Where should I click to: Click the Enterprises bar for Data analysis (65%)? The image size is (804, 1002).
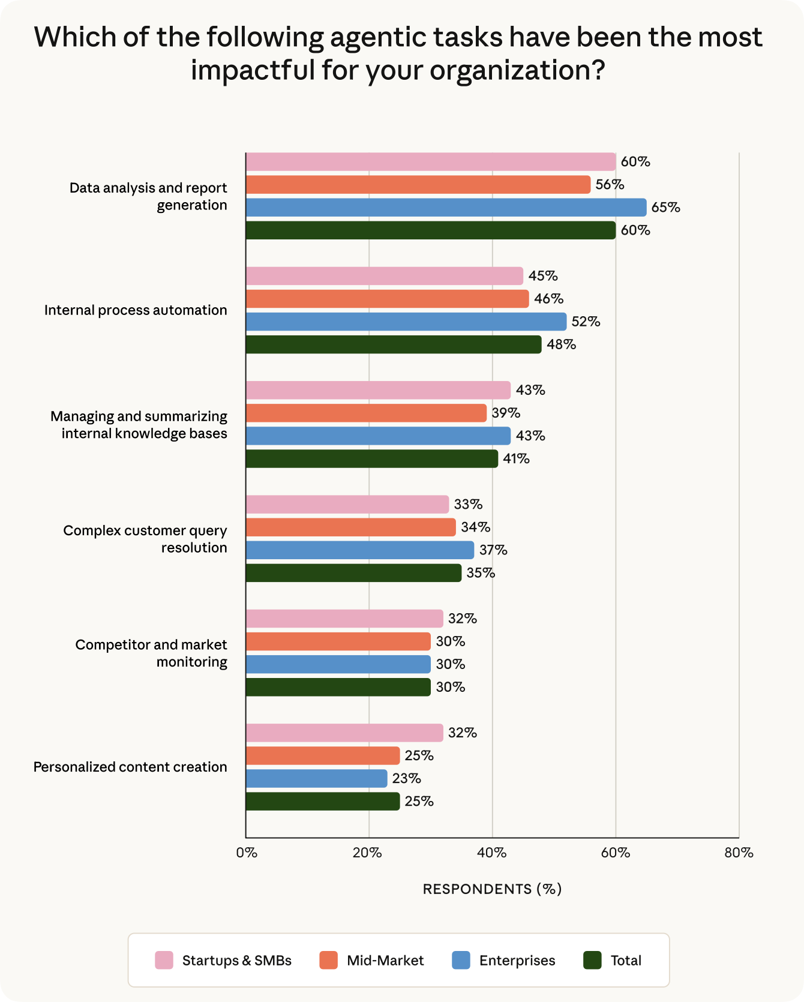(446, 208)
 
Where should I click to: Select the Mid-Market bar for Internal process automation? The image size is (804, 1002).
(387, 299)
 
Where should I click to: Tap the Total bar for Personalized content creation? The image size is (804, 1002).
(322, 802)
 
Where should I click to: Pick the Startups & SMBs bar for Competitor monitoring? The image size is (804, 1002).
(344, 619)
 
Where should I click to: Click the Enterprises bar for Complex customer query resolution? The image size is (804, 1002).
(359, 550)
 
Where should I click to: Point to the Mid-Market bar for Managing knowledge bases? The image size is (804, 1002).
(366, 413)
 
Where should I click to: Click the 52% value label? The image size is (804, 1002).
(586, 322)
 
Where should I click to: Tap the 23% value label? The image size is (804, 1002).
(406, 779)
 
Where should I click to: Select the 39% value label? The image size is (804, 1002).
(506, 413)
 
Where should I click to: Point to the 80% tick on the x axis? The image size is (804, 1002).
(739, 853)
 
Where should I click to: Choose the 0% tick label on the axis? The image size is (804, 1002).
(247, 853)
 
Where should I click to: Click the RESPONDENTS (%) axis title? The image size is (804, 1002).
(492, 889)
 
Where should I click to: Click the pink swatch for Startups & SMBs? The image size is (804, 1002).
(164, 961)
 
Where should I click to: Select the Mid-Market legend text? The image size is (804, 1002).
(385, 961)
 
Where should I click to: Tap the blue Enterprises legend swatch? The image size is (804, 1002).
(461, 961)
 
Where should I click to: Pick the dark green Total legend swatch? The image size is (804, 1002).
(592, 961)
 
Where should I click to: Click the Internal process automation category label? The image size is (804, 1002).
(136, 310)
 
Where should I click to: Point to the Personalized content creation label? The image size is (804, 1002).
(130, 767)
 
